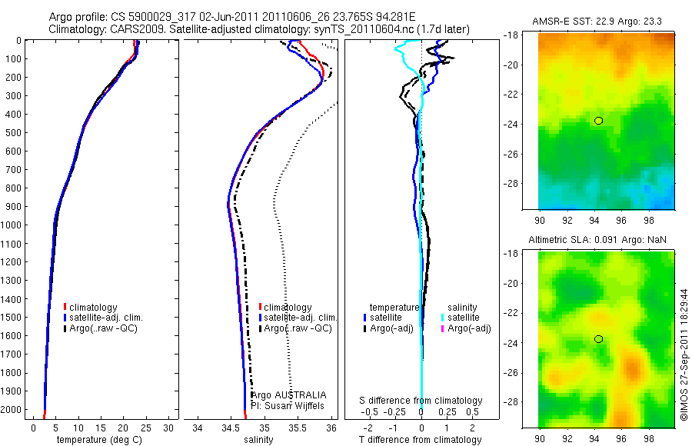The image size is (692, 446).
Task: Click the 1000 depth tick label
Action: tap(13, 225)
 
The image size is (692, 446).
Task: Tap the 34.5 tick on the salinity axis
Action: tap(230, 428)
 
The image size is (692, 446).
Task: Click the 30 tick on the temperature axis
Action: tap(169, 428)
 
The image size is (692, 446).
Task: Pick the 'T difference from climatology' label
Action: tap(421, 440)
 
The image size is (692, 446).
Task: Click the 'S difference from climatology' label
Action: tap(421, 401)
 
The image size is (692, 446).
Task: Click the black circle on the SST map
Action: tap(598, 121)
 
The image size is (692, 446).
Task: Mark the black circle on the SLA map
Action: tap(598, 339)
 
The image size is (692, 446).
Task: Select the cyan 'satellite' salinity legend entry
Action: tap(462, 317)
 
